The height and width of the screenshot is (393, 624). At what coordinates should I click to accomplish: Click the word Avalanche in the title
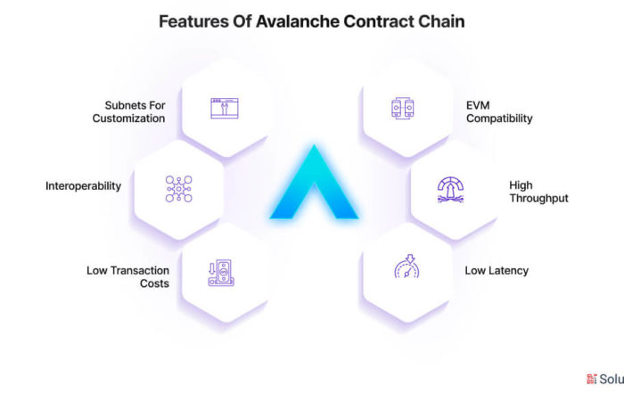pos(298,21)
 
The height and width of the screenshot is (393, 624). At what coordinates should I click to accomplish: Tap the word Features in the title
pos(193,21)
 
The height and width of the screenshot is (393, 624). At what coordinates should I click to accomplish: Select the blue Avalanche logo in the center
pos(314,182)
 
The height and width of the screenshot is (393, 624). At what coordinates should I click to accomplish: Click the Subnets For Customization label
pos(129,111)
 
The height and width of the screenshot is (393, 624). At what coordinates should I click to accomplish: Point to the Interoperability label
pos(83,186)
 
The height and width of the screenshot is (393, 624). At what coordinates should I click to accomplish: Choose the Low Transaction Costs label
pos(127,277)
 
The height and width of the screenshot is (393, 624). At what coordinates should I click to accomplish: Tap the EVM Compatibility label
pos(499,111)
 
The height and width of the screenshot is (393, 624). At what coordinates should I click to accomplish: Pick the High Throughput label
pos(538,192)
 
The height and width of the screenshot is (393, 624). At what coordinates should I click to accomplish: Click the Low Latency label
pos(497,271)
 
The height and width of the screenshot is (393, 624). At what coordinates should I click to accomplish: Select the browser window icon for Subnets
pos(225,108)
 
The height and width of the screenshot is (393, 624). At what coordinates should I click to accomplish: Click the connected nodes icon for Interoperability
pos(178,189)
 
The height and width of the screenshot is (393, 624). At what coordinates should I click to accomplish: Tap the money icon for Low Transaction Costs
pos(221,273)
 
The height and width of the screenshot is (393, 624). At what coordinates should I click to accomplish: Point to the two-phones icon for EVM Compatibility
pos(402,108)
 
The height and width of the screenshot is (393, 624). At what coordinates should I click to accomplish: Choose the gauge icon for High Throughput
pos(450,190)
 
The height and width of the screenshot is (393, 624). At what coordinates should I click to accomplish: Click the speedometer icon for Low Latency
pos(406,266)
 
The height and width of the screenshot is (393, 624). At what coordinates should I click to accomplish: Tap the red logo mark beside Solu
pos(592,379)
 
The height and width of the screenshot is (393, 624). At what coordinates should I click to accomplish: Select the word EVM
pos(478,105)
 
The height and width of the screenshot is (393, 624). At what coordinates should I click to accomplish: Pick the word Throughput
pos(538,198)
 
